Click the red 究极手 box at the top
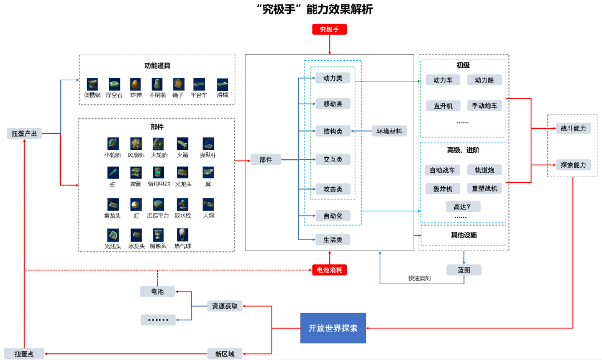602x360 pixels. point(329,29)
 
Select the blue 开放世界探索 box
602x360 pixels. point(333,328)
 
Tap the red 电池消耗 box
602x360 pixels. point(329,270)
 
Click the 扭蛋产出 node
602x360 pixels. point(25,133)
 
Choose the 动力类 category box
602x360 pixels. point(333,78)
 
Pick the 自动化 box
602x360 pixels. point(333,215)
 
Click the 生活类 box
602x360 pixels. point(333,240)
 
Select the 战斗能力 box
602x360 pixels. point(573,128)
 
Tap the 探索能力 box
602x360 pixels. point(573,165)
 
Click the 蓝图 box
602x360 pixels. point(464,270)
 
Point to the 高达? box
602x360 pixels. point(463,206)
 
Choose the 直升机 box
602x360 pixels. point(443,105)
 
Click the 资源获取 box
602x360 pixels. point(225,306)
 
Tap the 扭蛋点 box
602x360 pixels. point(24,353)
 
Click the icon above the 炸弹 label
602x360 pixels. point(135,84)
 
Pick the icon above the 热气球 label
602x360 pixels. point(182,234)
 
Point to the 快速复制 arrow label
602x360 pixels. point(419,278)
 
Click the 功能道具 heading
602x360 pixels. point(157,65)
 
